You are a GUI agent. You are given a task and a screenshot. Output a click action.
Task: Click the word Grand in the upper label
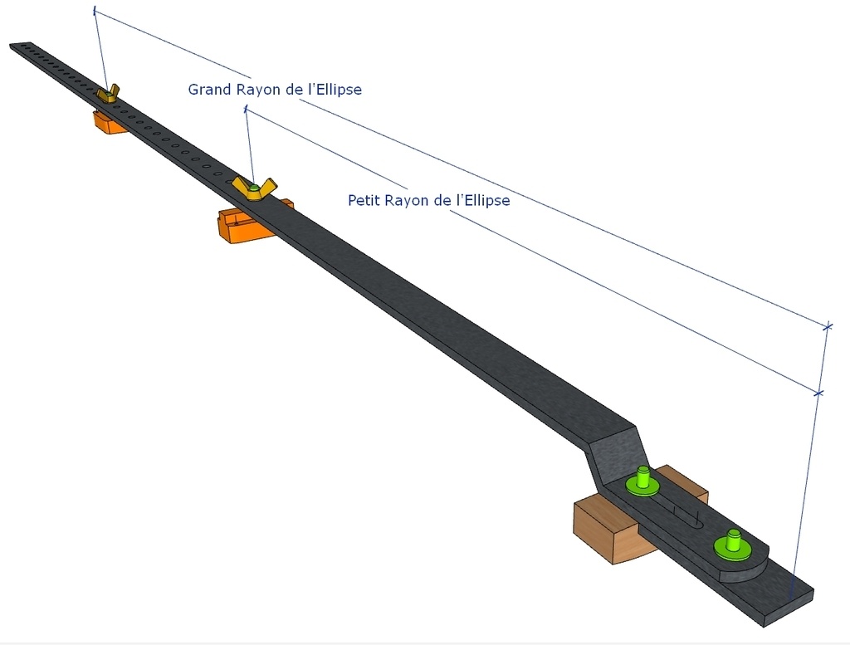(x=208, y=89)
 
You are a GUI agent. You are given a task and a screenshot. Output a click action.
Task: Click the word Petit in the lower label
(x=366, y=200)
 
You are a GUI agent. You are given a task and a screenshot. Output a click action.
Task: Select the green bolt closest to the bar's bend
(x=642, y=481)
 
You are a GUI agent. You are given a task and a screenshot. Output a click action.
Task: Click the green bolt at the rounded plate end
(x=732, y=544)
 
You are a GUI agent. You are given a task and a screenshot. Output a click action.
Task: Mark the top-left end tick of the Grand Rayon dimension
(x=95, y=12)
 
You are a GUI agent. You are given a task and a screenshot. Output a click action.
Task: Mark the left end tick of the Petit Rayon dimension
(x=246, y=109)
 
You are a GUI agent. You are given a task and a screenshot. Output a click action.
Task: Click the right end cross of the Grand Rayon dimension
(x=827, y=326)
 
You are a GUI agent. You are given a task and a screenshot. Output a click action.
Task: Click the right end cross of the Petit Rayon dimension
(x=818, y=392)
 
